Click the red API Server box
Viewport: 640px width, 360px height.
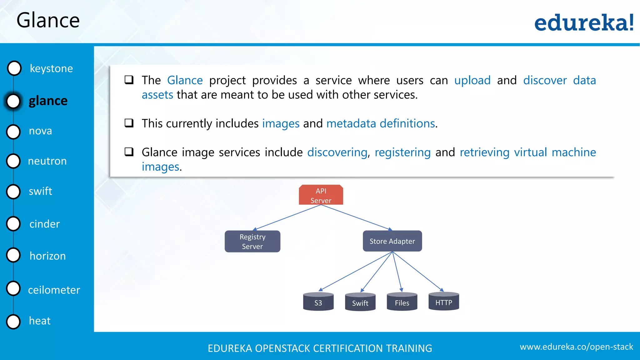click(321, 195)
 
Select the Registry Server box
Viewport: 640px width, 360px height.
click(252, 241)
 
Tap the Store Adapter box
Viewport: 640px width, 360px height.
click(392, 241)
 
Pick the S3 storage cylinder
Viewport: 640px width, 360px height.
click(318, 302)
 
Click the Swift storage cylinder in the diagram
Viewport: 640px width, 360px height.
click(360, 302)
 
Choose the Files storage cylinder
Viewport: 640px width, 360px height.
click(402, 302)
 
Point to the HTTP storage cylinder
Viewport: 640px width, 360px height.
click(444, 302)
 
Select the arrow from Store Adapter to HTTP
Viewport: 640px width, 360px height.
click(417, 271)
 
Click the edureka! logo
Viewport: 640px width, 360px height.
click(584, 22)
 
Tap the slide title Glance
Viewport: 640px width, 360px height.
click(48, 21)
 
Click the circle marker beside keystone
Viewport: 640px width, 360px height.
click(14, 68)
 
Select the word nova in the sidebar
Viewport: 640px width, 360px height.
click(40, 131)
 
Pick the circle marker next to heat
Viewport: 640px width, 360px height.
click(13, 321)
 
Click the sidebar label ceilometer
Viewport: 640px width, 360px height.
click(54, 290)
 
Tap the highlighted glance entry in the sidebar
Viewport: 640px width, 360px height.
click(48, 101)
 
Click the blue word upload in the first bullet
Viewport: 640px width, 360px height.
click(472, 80)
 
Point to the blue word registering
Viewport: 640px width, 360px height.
click(402, 152)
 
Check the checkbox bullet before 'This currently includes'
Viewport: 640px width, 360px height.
click(129, 123)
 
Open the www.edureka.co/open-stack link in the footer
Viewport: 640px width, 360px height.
click(576, 347)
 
